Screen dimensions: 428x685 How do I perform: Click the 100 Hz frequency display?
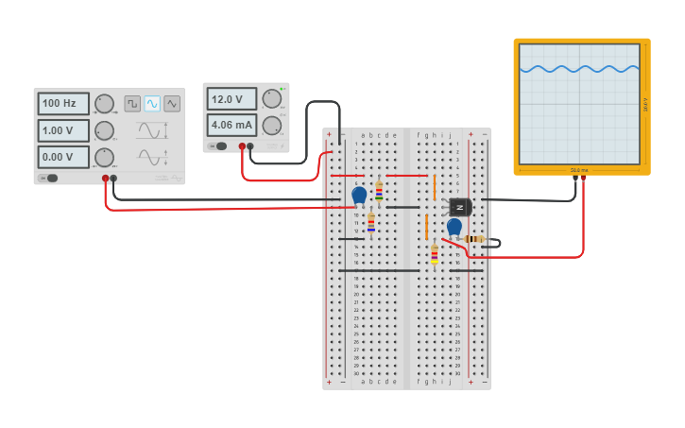[x=62, y=103]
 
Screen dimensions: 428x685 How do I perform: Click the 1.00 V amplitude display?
[x=62, y=130]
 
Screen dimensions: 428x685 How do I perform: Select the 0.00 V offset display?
[x=62, y=157]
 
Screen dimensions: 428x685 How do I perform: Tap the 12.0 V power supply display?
[x=231, y=99]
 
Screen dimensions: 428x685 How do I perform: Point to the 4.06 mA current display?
[x=231, y=125]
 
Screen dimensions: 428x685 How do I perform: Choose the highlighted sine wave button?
[x=152, y=104]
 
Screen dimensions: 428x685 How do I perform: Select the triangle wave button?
[x=172, y=104]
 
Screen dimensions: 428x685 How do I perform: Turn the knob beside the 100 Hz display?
[x=105, y=104]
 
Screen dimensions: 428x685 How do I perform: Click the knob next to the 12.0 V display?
[x=272, y=98]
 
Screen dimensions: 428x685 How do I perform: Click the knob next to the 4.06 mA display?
[x=272, y=125]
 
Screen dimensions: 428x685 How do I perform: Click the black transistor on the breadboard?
[x=460, y=207]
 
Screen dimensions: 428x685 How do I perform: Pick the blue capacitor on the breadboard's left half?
[x=359, y=195]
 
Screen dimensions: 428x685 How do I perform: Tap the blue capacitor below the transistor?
[x=454, y=227]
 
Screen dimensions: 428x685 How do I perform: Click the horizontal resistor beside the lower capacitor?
[x=474, y=239]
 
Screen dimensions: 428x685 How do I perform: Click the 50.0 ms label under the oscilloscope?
[x=579, y=170]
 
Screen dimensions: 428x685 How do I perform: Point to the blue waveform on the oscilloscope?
[x=579, y=68]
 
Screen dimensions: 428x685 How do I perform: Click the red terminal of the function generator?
[x=106, y=178]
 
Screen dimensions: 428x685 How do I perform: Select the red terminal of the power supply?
[x=242, y=146]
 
